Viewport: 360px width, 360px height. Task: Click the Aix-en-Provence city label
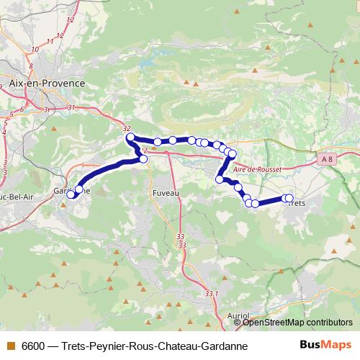click(x=47, y=84)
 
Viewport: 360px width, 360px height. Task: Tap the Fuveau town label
click(x=166, y=194)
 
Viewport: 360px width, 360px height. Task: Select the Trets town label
click(x=297, y=204)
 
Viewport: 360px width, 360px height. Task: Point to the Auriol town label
click(x=238, y=315)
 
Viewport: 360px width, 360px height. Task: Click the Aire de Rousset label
click(x=256, y=167)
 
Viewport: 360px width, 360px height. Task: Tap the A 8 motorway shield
click(x=328, y=158)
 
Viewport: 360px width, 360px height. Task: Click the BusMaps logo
click(x=326, y=346)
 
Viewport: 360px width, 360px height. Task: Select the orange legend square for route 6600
click(x=10, y=346)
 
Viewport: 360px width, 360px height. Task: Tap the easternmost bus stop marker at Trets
click(x=289, y=198)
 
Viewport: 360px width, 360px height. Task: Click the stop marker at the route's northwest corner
click(x=130, y=137)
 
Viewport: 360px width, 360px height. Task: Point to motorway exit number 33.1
click(x=211, y=293)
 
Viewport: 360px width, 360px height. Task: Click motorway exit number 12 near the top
click(x=70, y=21)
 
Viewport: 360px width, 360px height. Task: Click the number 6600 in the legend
click(x=34, y=346)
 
